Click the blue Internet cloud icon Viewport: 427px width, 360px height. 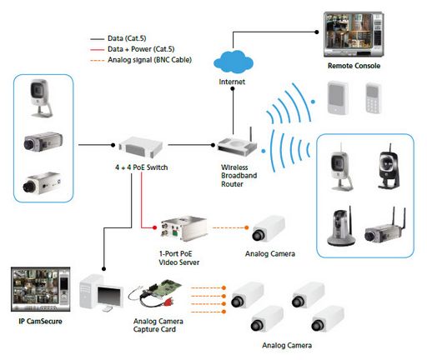click(234, 62)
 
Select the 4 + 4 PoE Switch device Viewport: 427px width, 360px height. click(140, 147)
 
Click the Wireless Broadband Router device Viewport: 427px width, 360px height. click(238, 145)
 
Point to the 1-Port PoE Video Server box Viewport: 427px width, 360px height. click(183, 228)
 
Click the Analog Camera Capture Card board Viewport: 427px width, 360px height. click(156, 293)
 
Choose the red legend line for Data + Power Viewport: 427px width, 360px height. click(97, 50)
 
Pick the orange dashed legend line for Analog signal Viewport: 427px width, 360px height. click(97, 60)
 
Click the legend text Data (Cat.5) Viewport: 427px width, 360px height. click(127, 38)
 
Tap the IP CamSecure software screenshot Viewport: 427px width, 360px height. click(41, 289)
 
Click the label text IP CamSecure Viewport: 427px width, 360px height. click(40, 322)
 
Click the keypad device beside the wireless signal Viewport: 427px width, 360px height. click(373, 97)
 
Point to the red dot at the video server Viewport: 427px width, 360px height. click(154, 227)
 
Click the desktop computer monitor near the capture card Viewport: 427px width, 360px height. click(110, 297)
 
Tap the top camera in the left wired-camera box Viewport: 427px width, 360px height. click(41, 97)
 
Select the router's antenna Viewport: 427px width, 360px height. click(250, 134)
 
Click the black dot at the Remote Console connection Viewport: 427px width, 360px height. click(316, 32)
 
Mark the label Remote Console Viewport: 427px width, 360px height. click(354, 66)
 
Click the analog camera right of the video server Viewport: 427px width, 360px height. click(269, 228)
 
